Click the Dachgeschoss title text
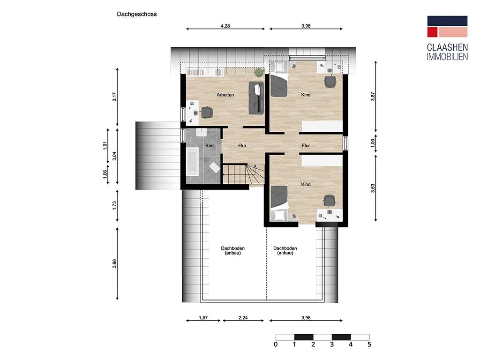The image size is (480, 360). point(137,14)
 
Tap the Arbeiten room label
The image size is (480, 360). point(225,95)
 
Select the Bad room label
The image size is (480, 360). point(210,145)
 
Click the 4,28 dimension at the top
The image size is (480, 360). point(225,26)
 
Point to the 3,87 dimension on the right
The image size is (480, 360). point(373,97)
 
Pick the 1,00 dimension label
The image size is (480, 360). point(373,143)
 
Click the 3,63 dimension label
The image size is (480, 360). point(373,188)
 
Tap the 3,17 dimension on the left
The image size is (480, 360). point(114,97)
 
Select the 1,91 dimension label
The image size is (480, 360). point(105,145)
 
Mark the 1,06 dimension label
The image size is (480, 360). point(105,174)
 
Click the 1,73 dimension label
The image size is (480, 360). point(114,205)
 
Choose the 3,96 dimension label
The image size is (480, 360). point(114,263)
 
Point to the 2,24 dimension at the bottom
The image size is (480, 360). point(243,318)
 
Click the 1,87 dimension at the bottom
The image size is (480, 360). point(203,318)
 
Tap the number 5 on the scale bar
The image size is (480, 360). point(369,345)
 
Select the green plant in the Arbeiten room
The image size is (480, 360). point(259,72)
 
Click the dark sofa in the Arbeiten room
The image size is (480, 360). point(256,98)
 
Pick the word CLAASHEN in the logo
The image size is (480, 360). point(447,47)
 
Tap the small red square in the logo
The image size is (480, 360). point(432,32)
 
